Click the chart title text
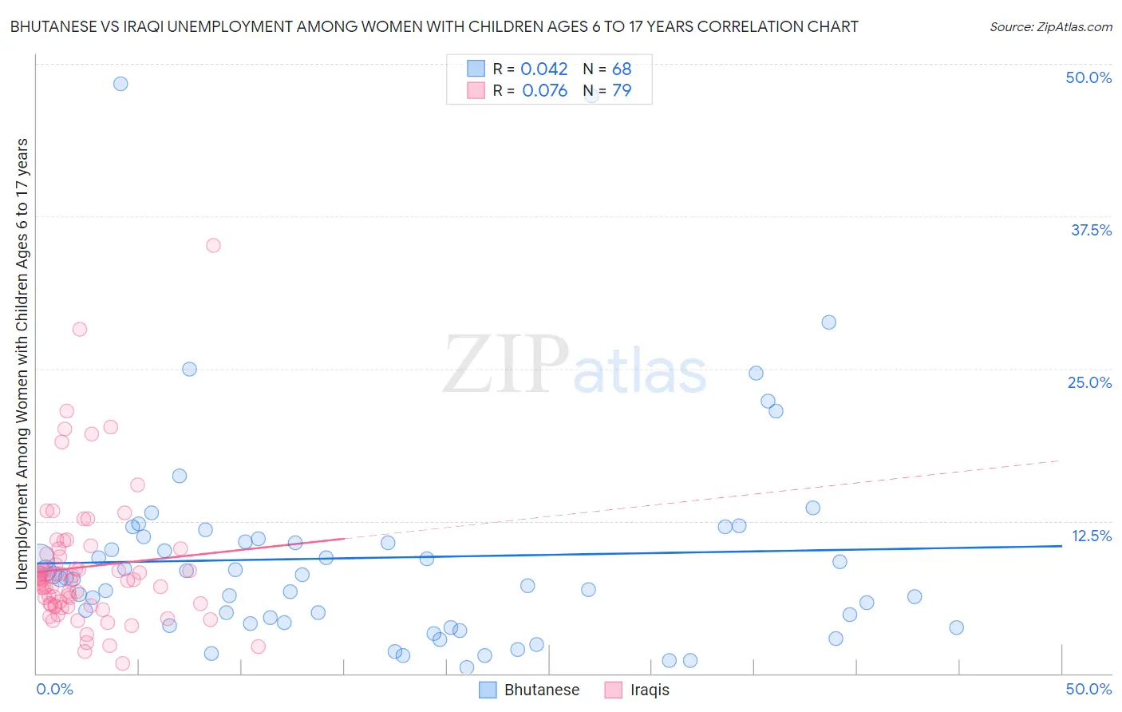pos(434,26)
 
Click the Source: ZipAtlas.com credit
pos(1050,26)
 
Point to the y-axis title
pos(22,364)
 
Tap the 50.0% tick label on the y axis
pos(1088,77)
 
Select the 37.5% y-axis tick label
pos(1091,230)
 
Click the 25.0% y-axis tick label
pos(1089,382)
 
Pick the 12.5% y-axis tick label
pos(1091,536)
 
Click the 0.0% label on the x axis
pos(54,689)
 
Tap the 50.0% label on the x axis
pos(1088,689)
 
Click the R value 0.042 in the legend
pos(544,69)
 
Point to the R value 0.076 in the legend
pos(544,91)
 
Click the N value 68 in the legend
pos(622,69)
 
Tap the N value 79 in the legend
pos(622,91)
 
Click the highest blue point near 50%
pos(120,84)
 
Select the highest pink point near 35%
pos(213,245)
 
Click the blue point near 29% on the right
pos(829,322)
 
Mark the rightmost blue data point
pos(957,627)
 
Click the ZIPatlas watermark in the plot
pos(575,366)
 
